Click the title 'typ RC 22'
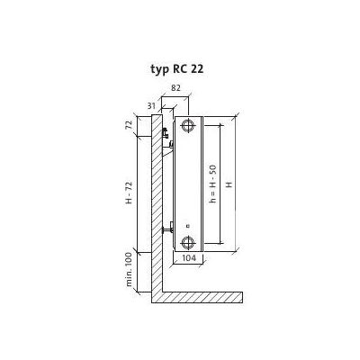coord(177,69)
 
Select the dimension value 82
coord(175,88)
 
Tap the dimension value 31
coord(151,105)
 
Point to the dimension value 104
coord(189,257)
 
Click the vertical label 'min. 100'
coord(129,269)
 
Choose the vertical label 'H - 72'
coord(129,193)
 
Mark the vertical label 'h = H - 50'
coord(212,184)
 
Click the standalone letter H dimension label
coord(229,184)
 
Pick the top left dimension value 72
coord(129,125)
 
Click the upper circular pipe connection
coord(188,125)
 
